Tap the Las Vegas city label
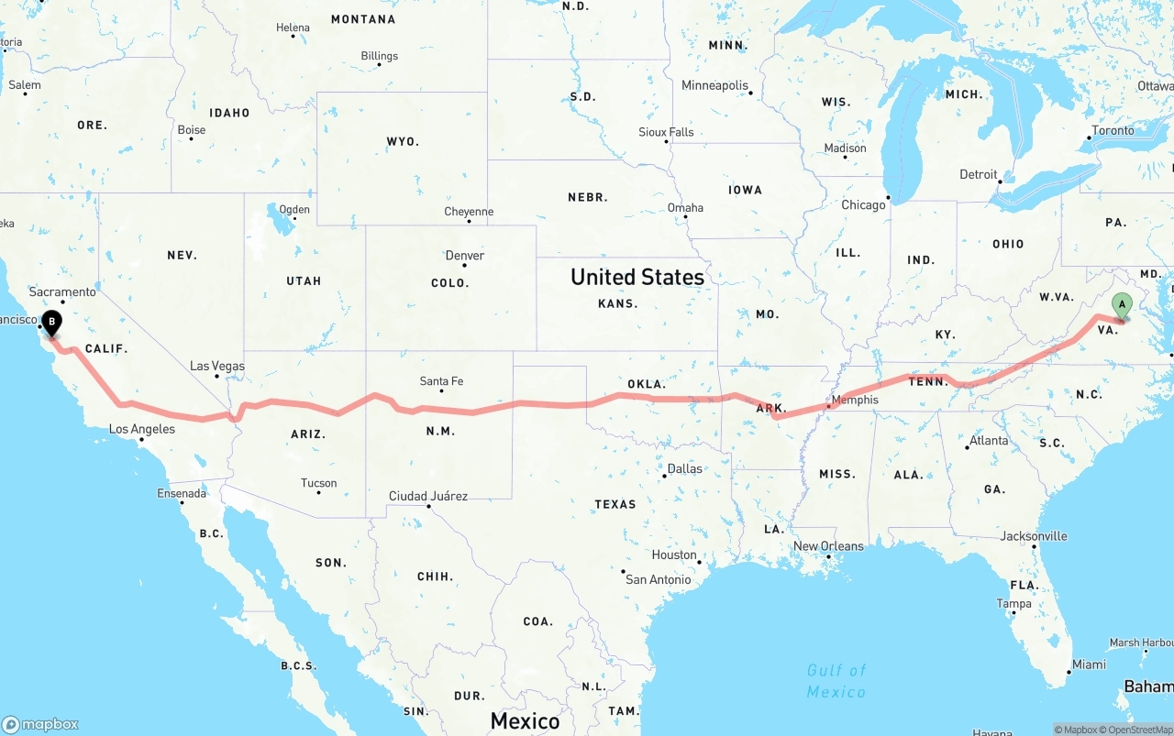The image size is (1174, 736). coord(217,366)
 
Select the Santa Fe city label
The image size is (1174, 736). coord(441,381)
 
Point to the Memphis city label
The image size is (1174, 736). coord(854,400)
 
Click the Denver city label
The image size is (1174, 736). coord(465,256)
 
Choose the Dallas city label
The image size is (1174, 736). coord(684,468)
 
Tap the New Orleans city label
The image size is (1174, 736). coord(828,546)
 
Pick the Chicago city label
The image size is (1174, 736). coord(863,204)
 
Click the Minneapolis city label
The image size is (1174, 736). coord(714,85)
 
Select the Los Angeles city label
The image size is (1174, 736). coord(142,429)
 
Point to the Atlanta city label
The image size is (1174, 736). coord(989,440)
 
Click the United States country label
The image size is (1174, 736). coord(637,277)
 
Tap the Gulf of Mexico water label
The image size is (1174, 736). coord(836,681)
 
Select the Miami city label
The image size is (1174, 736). coord(1089,664)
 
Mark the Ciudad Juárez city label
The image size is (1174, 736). coord(428,496)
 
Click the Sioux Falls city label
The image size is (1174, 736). coord(666,132)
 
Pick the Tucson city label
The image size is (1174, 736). coord(318,483)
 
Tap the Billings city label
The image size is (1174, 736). coord(379,56)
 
